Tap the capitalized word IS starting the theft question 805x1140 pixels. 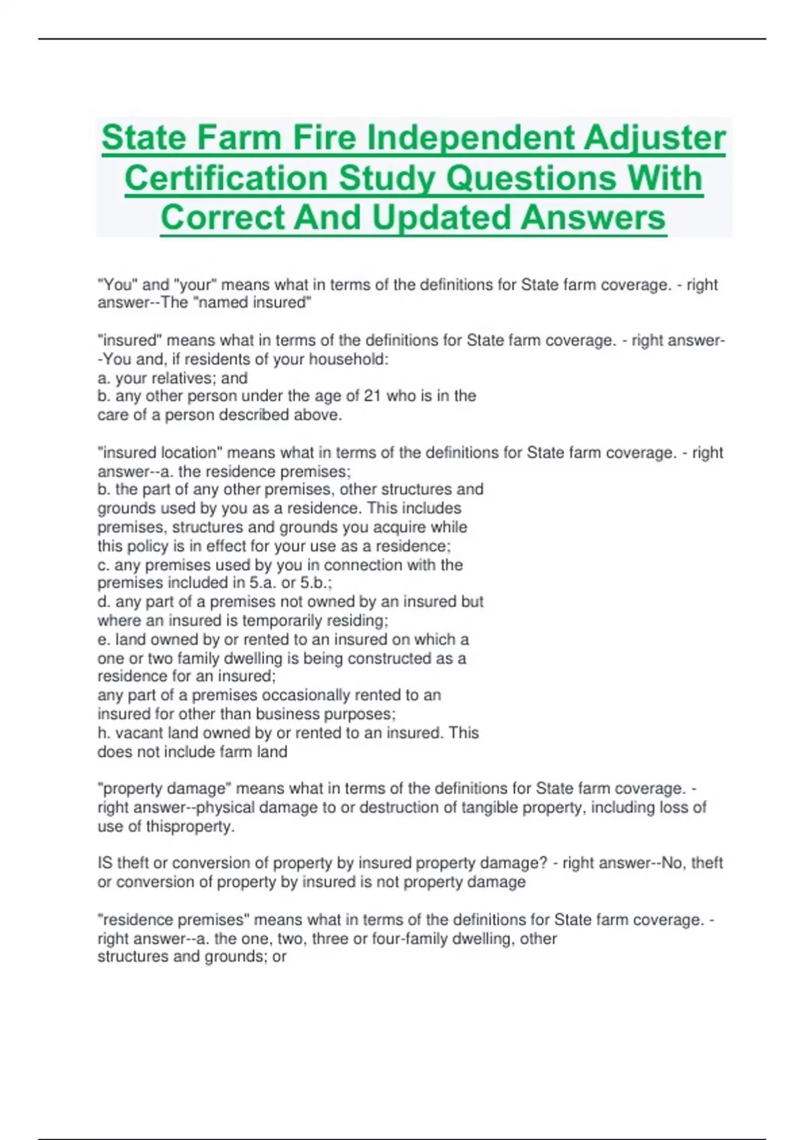click(105, 863)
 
